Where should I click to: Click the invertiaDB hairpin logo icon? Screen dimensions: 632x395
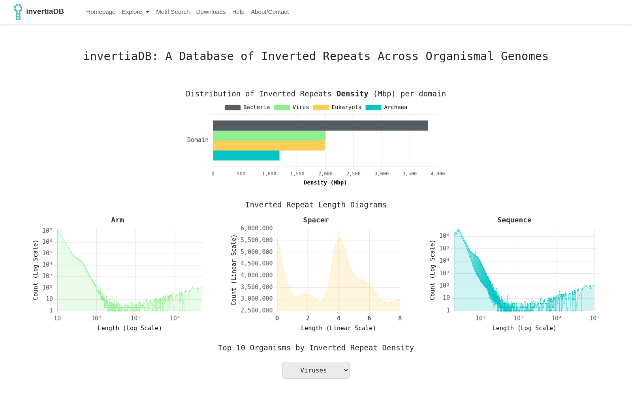(18, 12)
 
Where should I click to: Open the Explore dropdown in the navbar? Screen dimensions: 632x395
(135, 12)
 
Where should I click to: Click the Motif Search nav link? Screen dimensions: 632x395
(173, 12)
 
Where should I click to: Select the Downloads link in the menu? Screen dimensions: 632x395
(211, 12)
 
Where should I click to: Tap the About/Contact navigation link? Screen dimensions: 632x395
(269, 12)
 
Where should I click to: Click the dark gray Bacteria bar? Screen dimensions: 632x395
(320, 126)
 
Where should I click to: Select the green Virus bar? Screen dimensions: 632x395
(269, 136)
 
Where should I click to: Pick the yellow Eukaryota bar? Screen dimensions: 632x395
(269, 146)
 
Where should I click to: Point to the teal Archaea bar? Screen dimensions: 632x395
(246, 156)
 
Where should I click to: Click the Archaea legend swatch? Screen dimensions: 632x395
(373, 107)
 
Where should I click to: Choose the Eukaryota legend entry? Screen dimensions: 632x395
(337, 107)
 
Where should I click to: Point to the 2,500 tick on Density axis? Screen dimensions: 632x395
(353, 174)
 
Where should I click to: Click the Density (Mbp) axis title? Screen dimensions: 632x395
(325, 182)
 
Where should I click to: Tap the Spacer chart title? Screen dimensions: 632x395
(316, 220)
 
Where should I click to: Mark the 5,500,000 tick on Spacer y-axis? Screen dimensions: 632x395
(256, 240)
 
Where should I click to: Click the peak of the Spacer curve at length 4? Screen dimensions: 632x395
(339, 239)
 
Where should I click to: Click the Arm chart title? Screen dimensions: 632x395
(117, 220)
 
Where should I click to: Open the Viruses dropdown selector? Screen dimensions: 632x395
(316, 370)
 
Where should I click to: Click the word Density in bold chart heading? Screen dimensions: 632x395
(352, 94)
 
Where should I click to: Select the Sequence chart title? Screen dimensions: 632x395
(514, 220)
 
